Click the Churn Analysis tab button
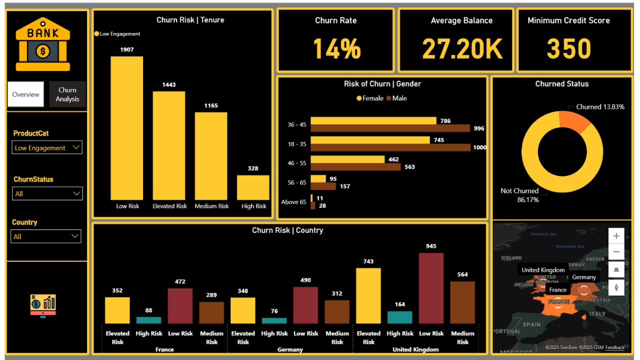[x=67, y=94]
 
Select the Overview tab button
[x=26, y=94]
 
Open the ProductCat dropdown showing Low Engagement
[x=47, y=147]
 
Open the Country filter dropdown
[x=46, y=236]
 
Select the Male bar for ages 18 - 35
[x=390, y=147]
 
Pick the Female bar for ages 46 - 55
[x=347, y=159]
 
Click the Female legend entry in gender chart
[x=370, y=98]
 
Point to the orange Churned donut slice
[x=575, y=121]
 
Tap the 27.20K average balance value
[x=461, y=49]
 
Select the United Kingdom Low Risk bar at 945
[x=431, y=288]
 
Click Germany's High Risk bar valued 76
[x=274, y=320]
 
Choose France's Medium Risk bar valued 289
[x=211, y=312]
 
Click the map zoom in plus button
[x=616, y=236]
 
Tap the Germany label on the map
[x=583, y=277]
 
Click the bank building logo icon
[x=43, y=44]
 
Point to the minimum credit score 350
[x=568, y=49]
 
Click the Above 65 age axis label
[x=293, y=202]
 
